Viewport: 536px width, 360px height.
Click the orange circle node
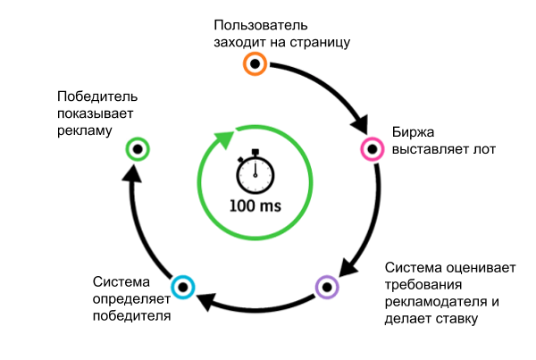click(x=255, y=63)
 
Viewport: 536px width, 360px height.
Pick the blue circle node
click(x=183, y=287)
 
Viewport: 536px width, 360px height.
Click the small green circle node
click(x=137, y=148)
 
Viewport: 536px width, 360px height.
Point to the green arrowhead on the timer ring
click(x=222, y=138)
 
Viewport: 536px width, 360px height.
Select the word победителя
click(x=130, y=315)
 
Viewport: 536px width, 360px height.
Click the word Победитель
click(x=96, y=96)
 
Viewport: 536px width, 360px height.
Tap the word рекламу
click(x=84, y=130)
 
